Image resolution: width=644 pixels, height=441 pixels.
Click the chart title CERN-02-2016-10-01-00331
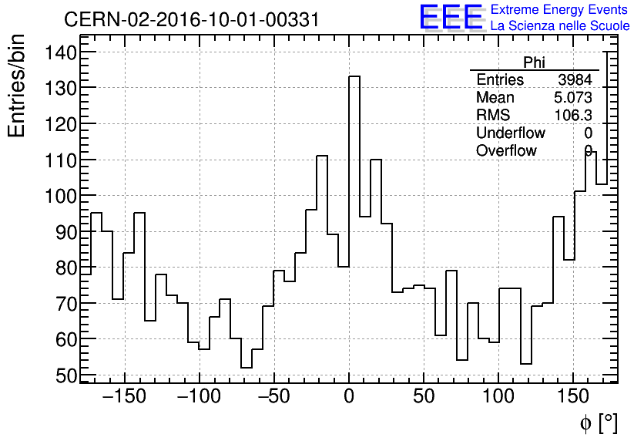(191, 19)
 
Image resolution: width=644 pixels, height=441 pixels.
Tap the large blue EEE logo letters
(451, 17)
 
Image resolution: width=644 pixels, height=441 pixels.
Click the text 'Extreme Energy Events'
(560, 10)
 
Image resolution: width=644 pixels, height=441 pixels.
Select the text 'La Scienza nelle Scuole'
(560, 26)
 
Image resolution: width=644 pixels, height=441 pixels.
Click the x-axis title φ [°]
(599, 422)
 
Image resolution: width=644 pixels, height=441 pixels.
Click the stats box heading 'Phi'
(534, 62)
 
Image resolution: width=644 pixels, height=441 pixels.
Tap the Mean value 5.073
(573, 98)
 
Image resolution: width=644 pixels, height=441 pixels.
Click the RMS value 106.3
(574, 116)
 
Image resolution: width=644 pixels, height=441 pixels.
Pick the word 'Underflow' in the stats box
(510, 133)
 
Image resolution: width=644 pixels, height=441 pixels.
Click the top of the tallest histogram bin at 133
(354, 76)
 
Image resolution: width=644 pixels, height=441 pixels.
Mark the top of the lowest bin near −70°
(247, 367)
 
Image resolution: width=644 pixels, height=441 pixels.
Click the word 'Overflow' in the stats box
(506, 150)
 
